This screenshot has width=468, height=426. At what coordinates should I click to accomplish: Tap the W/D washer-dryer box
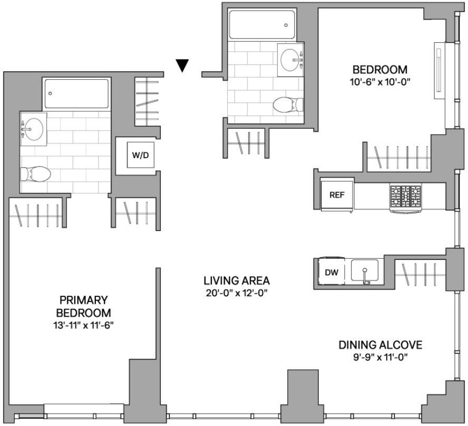coord(141,155)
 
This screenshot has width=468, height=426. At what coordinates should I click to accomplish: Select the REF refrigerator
coord(337,195)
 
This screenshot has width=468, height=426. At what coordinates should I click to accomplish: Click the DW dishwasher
coord(331,272)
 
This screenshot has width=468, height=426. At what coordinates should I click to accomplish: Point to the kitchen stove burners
coord(405,196)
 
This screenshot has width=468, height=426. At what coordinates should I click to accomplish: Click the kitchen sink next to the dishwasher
coord(364,270)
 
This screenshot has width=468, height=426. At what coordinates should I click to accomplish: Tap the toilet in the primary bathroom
coord(35,174)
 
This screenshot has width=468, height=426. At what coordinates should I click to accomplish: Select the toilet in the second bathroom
coord(288,105)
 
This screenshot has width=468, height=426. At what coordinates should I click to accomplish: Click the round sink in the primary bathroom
coord(33,129)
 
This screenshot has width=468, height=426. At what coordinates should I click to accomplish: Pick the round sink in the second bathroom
coord(289,60)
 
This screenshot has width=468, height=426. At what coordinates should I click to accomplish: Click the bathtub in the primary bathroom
coord(76,93)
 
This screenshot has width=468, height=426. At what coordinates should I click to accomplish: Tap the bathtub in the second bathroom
coord(261,24)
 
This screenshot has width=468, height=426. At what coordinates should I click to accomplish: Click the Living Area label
coord(237,280)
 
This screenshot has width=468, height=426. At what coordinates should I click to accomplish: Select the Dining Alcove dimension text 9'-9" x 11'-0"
coord(381,357)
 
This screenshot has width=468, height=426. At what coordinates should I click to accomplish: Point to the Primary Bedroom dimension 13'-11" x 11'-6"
coord(84,325)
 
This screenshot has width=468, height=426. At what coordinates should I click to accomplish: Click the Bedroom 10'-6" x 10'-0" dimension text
coord(380,82)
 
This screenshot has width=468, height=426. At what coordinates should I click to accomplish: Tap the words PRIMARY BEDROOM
coord(84,306)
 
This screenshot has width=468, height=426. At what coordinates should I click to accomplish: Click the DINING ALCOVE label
coord(381,345)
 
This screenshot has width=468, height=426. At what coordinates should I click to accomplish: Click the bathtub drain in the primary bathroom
coord(50,93)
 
